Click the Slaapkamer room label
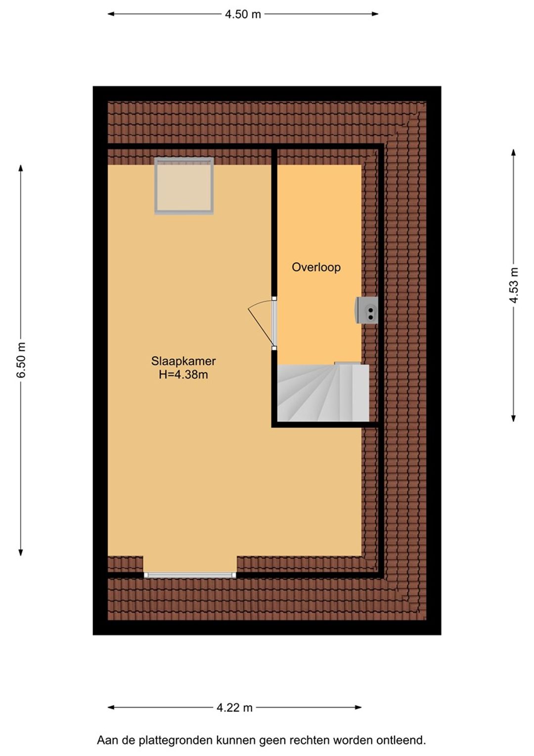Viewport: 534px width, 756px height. (183, 361)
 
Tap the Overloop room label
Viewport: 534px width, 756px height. (316, 267)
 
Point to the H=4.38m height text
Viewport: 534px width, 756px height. (183, 374)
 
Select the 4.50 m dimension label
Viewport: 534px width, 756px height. (243, 14)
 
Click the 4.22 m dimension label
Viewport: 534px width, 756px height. (234, 708)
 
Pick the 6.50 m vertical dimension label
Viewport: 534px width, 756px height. (21, 360)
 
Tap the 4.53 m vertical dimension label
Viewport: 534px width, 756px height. (513, 285)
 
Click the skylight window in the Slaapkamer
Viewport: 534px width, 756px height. (184, 186)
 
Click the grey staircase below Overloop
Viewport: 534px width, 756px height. (323, 393)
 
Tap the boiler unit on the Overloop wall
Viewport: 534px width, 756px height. (366, 310)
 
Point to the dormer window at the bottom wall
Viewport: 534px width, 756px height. (190, 575)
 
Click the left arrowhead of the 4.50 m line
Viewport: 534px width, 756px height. (110, 14)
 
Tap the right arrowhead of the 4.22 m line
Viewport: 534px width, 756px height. (358, 708)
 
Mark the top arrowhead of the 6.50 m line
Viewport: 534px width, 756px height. (21, 168)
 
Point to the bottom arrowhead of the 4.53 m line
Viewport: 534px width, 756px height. (513, 419)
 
